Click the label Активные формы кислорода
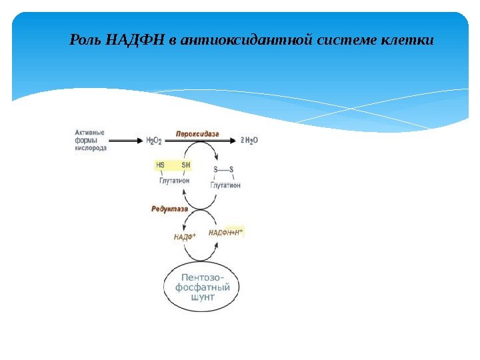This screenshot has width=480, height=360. pos(89,141)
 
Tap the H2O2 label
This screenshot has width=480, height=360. pos(154,141)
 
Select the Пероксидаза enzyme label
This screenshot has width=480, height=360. pos(197,134)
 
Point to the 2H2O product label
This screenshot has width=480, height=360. pos(249,141)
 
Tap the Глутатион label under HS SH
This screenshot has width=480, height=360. pos(174,181)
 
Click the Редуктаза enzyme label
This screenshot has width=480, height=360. pos(170,209)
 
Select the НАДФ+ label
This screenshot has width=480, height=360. pos(184,236)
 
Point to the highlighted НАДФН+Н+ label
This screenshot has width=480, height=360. pos(226,232)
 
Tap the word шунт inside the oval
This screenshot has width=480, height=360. pos(202,298)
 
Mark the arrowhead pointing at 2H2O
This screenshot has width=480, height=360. pos(232,141)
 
